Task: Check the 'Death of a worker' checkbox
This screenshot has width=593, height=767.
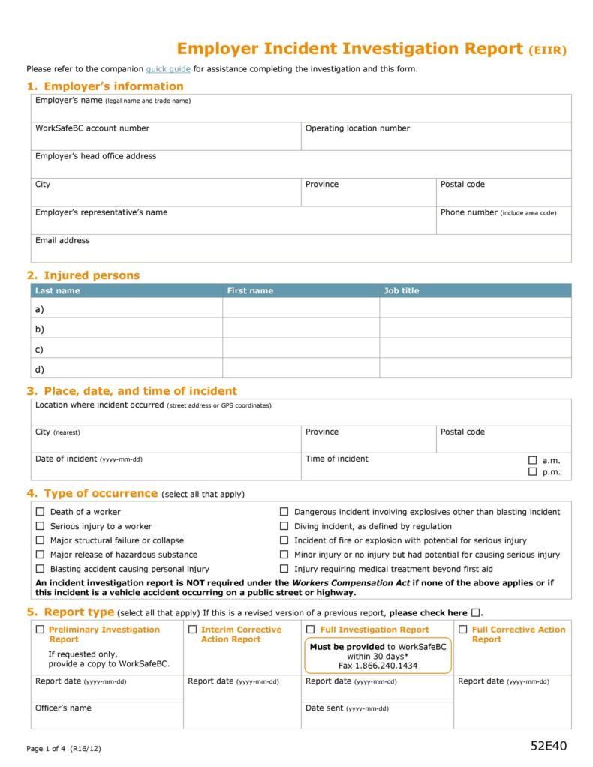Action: point(41,512)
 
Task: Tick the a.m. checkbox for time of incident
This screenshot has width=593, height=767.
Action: point(533,460)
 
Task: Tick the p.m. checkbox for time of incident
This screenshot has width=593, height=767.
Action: point(533,472)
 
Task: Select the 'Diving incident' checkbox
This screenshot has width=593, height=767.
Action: point(284,526)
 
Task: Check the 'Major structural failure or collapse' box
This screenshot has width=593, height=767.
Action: point(41,540)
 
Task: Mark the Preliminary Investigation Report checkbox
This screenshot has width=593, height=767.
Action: point(41,630)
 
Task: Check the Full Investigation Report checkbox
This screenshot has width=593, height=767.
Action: point(311,630)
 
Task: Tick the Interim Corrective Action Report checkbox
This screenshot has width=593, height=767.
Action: point(193,630)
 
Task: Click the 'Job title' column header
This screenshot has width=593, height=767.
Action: point(402,291)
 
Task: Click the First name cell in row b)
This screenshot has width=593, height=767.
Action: point(300,329)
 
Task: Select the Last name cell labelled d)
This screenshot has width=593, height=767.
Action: point(126,369)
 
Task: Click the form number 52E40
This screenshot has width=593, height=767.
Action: point(549,746)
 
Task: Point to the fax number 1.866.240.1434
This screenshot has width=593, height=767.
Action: point(378,666)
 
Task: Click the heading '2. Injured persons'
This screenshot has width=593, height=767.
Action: point(83,275)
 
